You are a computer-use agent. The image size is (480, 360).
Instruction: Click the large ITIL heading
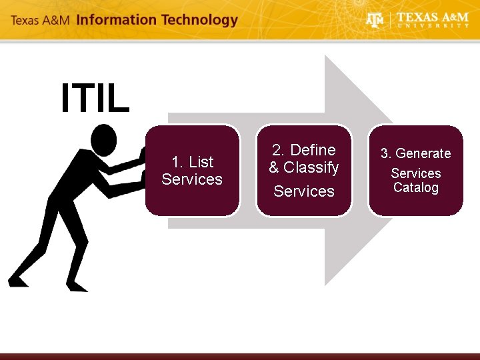click(x=95, y=99)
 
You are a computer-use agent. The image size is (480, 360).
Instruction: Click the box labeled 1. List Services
click(x=192, y=171)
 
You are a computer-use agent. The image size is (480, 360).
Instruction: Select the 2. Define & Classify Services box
click(x=304, y=171)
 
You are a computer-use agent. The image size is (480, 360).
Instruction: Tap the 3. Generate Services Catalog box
click(x=415, y=171)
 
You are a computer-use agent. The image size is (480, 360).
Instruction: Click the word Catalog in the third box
click(x=416, y=188)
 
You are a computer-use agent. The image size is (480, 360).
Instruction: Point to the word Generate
click(x=416, y=153)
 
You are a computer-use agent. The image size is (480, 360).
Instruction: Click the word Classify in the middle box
click(x=311, y=167)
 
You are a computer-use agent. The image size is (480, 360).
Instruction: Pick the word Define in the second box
click(x=313, y=150)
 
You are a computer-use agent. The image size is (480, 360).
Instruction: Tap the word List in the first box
click(x=201, y=162)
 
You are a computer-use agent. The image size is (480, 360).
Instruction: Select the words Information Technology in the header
click(x=157, y=19)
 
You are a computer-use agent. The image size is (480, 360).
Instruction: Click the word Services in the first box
click(x=192, y=179)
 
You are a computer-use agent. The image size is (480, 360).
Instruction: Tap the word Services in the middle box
click(x=304, y=191)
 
